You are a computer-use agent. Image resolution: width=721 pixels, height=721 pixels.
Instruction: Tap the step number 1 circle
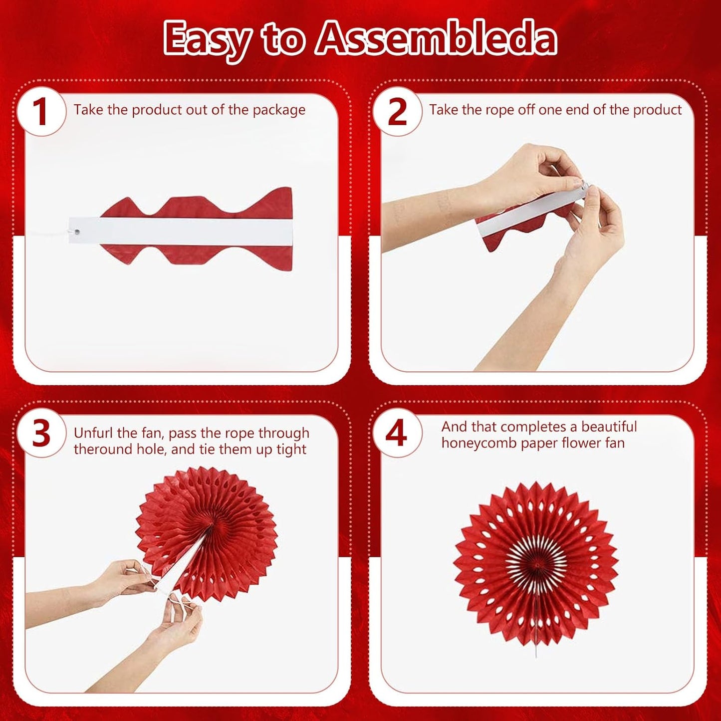40,111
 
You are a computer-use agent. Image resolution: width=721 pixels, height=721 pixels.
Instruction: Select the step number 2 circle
397,111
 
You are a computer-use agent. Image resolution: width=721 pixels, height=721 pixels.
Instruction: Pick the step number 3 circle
41,434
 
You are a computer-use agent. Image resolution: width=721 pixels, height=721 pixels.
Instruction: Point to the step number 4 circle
397,434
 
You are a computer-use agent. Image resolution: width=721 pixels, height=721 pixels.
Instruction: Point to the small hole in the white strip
77,231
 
